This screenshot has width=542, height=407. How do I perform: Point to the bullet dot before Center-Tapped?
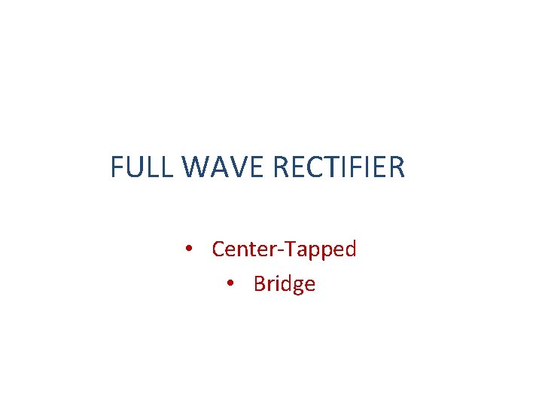point(190,249)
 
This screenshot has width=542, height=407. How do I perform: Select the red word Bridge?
point(285,284)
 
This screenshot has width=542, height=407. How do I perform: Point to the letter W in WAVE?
point(195,167)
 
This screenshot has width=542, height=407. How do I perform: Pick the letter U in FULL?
point(133,167)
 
